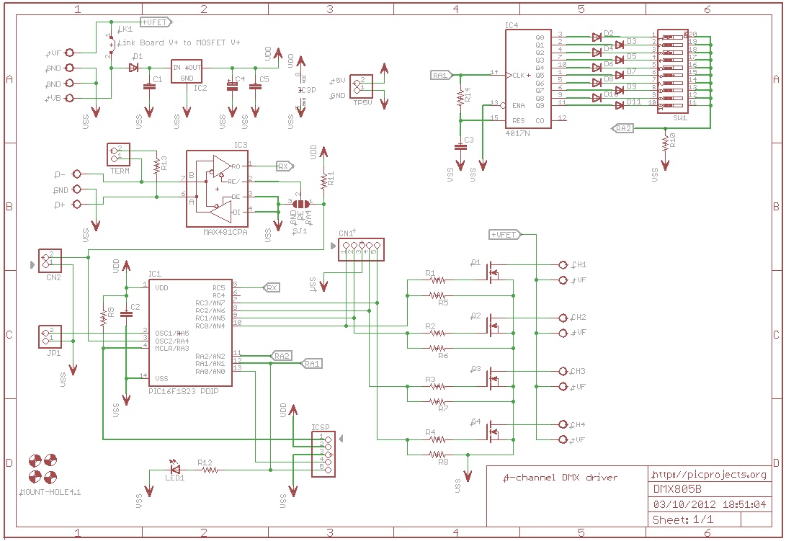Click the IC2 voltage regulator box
tap(187, 72)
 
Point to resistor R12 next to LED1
tap(209, 470)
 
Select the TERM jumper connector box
tap(118, 154)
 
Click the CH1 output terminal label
tap(578, 264)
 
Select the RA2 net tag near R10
tap(622, 128)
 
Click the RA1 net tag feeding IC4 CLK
tap(440, 74)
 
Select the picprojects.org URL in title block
tap(709, 475)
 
